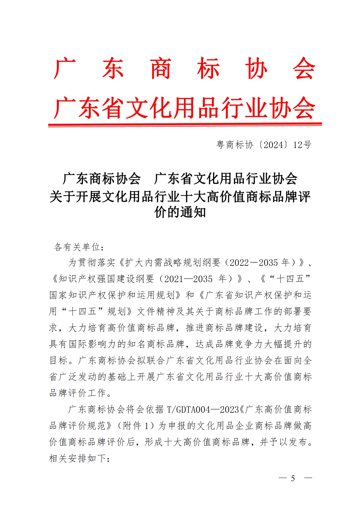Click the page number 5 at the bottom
pos(293,478)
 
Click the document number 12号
pos(302,145)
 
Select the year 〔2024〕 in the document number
pos(273,145)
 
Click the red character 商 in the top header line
pos(161,69)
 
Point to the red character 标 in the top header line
pos(208,69)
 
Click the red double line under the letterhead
pos(185,125)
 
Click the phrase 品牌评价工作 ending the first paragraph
pos(78,393)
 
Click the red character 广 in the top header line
pos(65,69)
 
